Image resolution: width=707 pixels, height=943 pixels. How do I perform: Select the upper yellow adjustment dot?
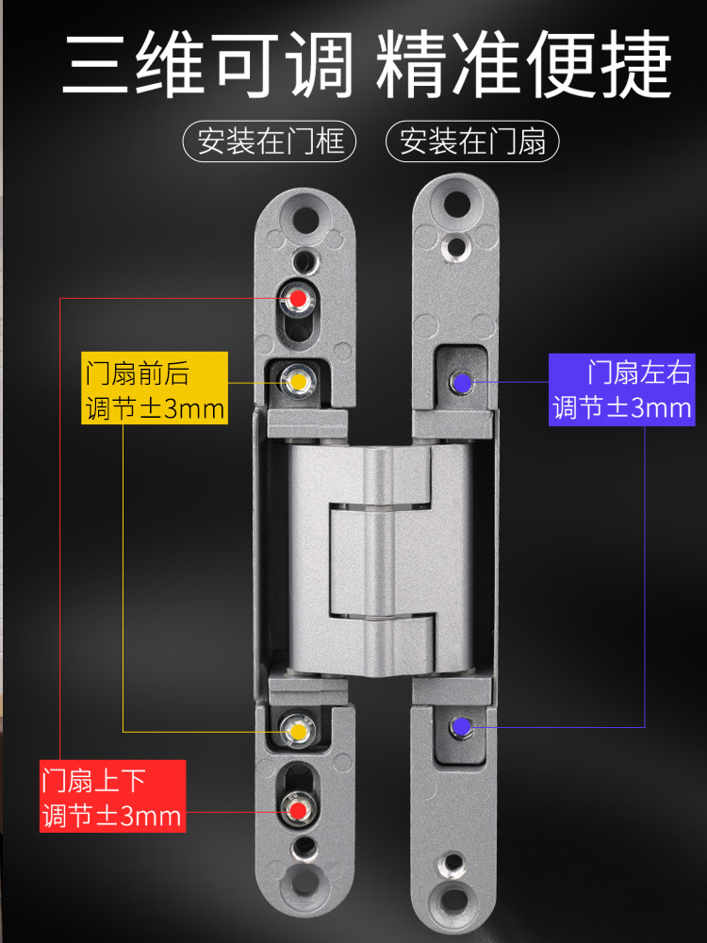coord(299,382)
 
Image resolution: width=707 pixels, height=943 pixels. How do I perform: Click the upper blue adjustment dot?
coord(462,382)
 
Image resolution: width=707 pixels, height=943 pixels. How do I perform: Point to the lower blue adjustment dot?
coord(462,727)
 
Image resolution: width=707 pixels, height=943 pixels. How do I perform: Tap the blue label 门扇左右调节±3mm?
coord(621,389)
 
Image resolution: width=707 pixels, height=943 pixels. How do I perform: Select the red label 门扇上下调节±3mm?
coord(112,797)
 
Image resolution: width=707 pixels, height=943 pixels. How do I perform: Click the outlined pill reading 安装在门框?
coord(270,142)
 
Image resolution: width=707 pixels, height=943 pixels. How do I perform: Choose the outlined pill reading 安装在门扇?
coord(473,142)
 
